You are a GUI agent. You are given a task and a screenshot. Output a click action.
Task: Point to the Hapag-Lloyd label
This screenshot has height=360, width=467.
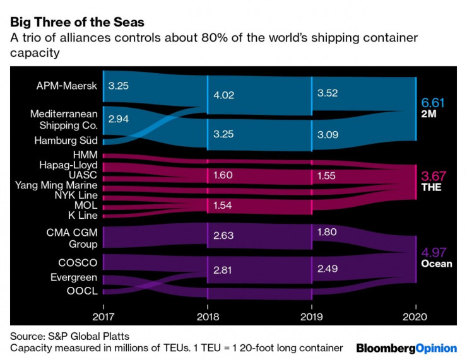pos(68,165)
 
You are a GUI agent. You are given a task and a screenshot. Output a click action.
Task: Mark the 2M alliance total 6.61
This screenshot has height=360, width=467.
pos(433,103)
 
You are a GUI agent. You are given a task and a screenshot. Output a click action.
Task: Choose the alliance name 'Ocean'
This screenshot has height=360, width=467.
pos(436,264)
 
